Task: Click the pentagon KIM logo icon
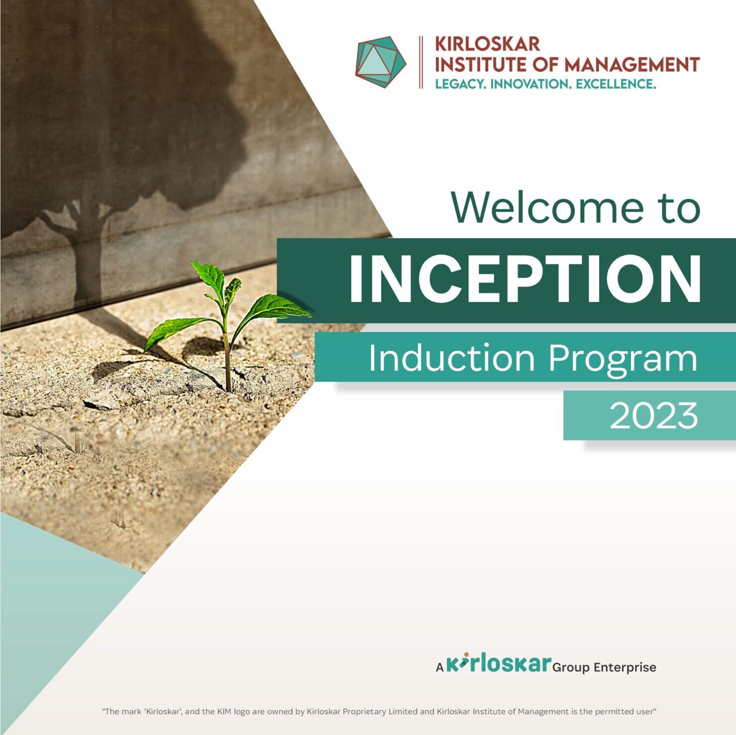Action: click(x=381, y=62)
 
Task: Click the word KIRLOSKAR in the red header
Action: click(x=487, y=44)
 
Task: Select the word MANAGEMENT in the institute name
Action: click(x=632, y=65)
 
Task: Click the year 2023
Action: click(x=654, y=416)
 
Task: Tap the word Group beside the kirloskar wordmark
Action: click(x=571, y=668)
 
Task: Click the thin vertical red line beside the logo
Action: click(x=421, y=62)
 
